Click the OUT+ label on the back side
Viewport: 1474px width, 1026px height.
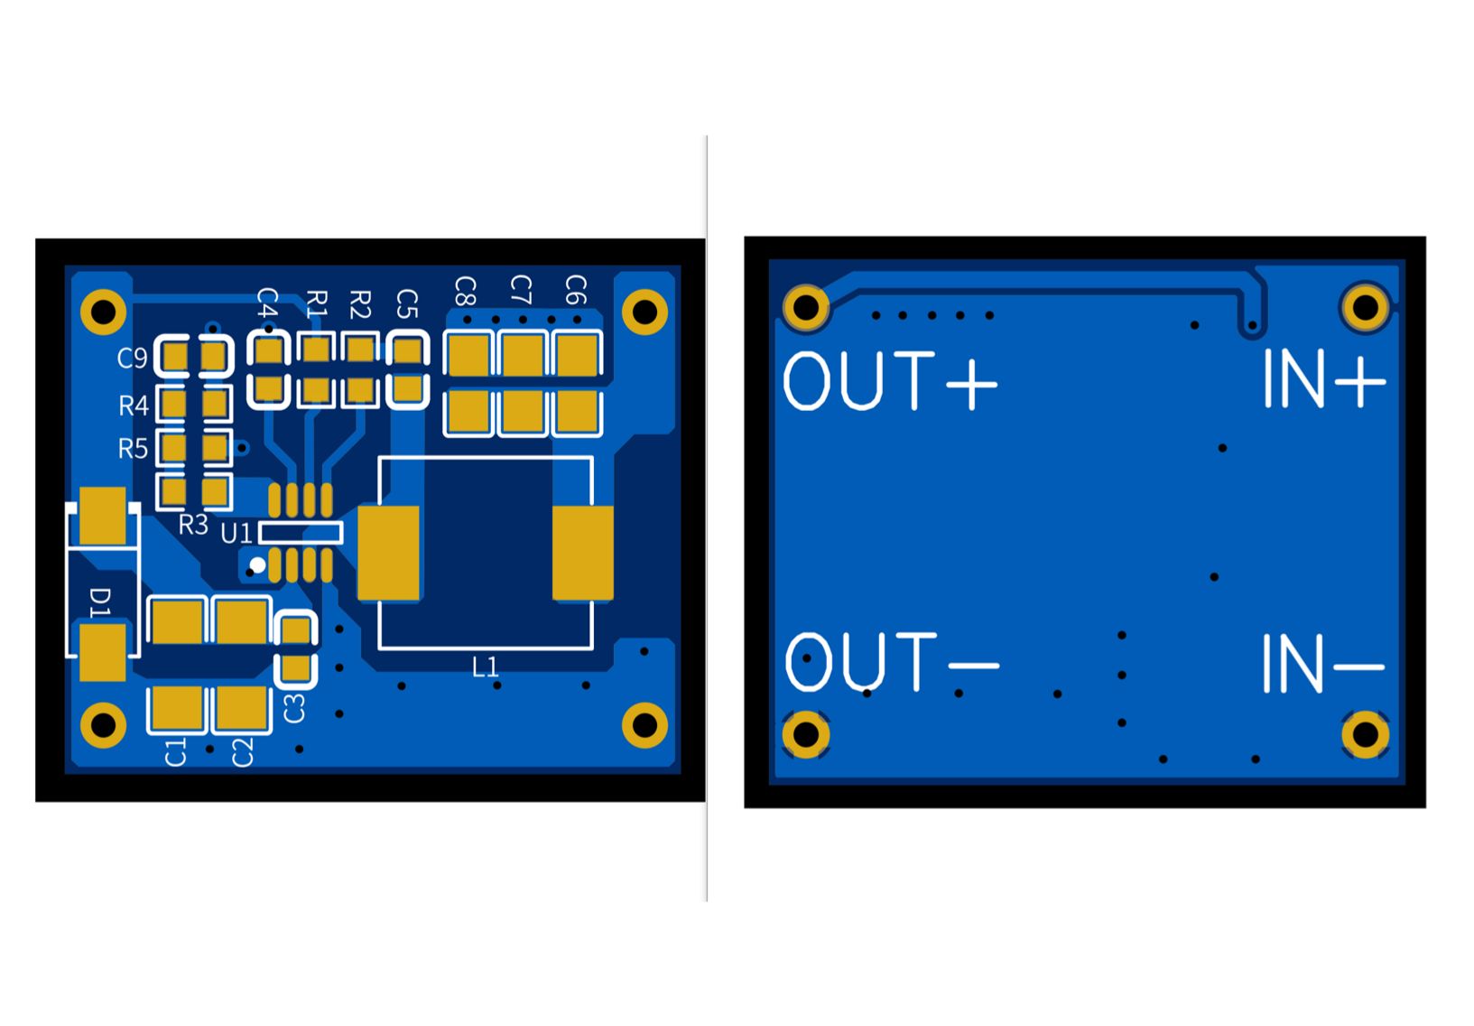[890, 381]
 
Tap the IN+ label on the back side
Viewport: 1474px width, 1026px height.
[1323, 379]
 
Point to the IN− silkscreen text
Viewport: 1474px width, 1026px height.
[1323, 664]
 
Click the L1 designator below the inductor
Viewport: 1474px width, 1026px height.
[486, 667]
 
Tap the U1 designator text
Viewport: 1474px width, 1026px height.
[236, 534]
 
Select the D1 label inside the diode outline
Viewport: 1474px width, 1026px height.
[101, 602]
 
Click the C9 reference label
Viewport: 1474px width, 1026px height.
[132, 359]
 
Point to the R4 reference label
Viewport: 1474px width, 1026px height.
[134, 406]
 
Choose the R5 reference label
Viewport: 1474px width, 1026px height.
[133, 449]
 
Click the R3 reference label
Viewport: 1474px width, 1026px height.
[193, 525]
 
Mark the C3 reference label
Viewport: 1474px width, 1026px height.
[294, 707]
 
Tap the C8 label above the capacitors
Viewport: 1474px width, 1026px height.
[465, 292]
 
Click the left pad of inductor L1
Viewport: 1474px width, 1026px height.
[389, 553]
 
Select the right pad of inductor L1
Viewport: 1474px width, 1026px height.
[582, 553]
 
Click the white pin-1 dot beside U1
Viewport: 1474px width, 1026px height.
[257, 565]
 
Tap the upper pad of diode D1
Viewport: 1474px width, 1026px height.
[103, 516]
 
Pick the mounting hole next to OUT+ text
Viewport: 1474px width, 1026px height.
[806, 307]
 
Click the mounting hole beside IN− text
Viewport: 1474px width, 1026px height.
[1365, 734]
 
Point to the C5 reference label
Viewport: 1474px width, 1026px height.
[408, 304]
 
